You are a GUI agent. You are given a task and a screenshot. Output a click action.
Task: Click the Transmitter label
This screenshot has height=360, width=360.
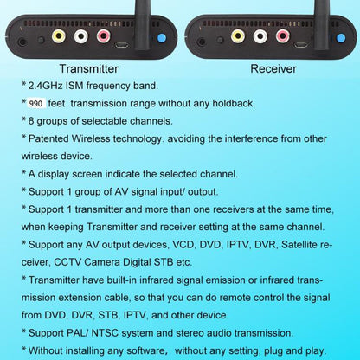(95, 68)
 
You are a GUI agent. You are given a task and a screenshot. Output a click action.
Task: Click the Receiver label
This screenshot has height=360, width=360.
(273, 68)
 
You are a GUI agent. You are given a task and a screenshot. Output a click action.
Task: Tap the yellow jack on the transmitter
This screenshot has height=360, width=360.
(59, 36)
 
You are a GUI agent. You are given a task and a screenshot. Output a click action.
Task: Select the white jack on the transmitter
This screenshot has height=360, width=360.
(81, 36)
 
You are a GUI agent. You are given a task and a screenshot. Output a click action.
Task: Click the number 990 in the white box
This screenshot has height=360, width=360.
(35, 103)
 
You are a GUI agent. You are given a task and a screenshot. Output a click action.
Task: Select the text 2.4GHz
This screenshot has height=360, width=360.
(48, 86)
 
